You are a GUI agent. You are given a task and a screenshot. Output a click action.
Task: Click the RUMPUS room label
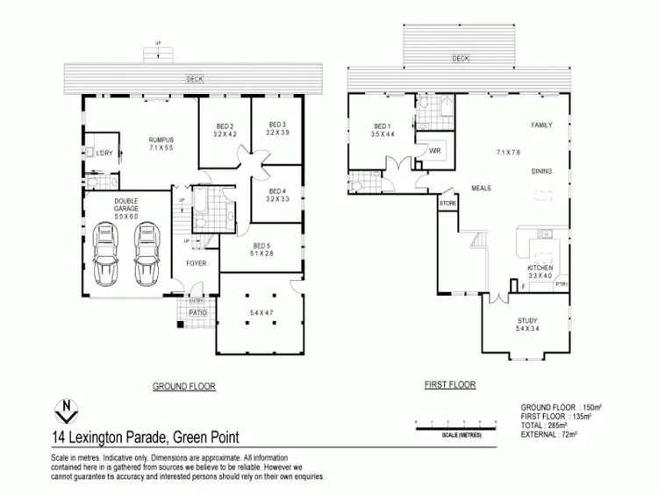click(161, 140)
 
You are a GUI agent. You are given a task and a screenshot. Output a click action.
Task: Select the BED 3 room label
click(278, 124)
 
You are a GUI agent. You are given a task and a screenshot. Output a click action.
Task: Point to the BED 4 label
click(277, 191)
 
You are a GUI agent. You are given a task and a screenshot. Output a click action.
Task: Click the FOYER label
click(195, 261)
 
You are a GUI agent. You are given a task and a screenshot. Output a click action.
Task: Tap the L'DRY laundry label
click(104, 154)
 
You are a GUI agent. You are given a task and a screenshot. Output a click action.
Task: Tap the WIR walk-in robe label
click(433, 151)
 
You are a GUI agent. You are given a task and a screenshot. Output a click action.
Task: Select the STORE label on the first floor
click(448, 203)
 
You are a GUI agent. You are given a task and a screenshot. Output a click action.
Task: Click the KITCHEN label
click(540, 267)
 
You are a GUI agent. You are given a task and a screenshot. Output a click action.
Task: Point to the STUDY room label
click(527, 321)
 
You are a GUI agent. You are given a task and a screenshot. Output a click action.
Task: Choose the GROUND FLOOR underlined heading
click(184, 386)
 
